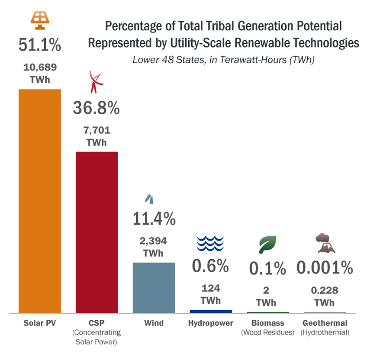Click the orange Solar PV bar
39,201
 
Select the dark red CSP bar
97,232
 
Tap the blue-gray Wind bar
154,287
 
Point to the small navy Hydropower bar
211,311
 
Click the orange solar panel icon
39,19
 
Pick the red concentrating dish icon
96,83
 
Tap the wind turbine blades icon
150,199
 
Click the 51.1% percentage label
39,45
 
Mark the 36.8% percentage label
96,108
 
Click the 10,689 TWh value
39,74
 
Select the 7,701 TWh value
97,136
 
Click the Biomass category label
267,323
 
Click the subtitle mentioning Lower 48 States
223,60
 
